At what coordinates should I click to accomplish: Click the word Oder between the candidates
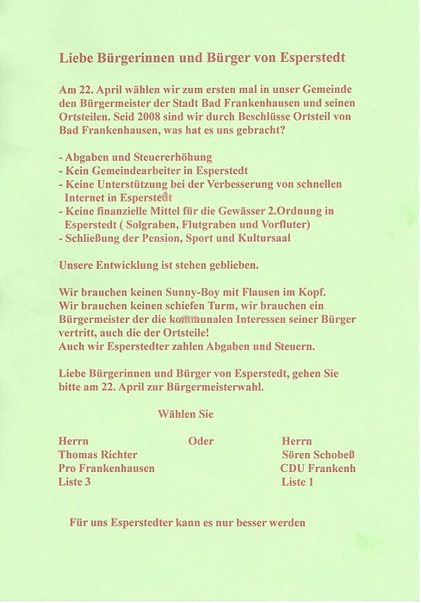point(201,441)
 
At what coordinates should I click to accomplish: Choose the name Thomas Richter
point(97,455)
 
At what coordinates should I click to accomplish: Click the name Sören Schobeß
point(317,455)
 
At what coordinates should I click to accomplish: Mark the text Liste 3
point(74,482)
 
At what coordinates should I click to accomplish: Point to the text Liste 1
point(297,482)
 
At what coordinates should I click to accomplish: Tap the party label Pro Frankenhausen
point(107,468)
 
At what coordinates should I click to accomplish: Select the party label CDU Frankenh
point(318,468)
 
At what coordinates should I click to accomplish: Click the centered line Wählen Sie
point(185,414)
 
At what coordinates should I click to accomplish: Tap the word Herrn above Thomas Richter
point(73,441)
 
